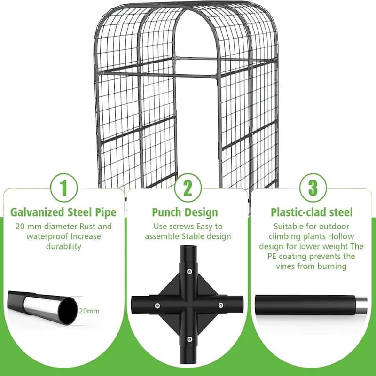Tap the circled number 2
188,188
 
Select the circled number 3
313,188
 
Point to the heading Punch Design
188,212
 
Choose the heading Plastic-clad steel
313,212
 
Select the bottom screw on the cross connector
188,339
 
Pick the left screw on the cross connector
156,305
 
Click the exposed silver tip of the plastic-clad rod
362,304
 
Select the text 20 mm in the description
27,226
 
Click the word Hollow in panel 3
341,236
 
